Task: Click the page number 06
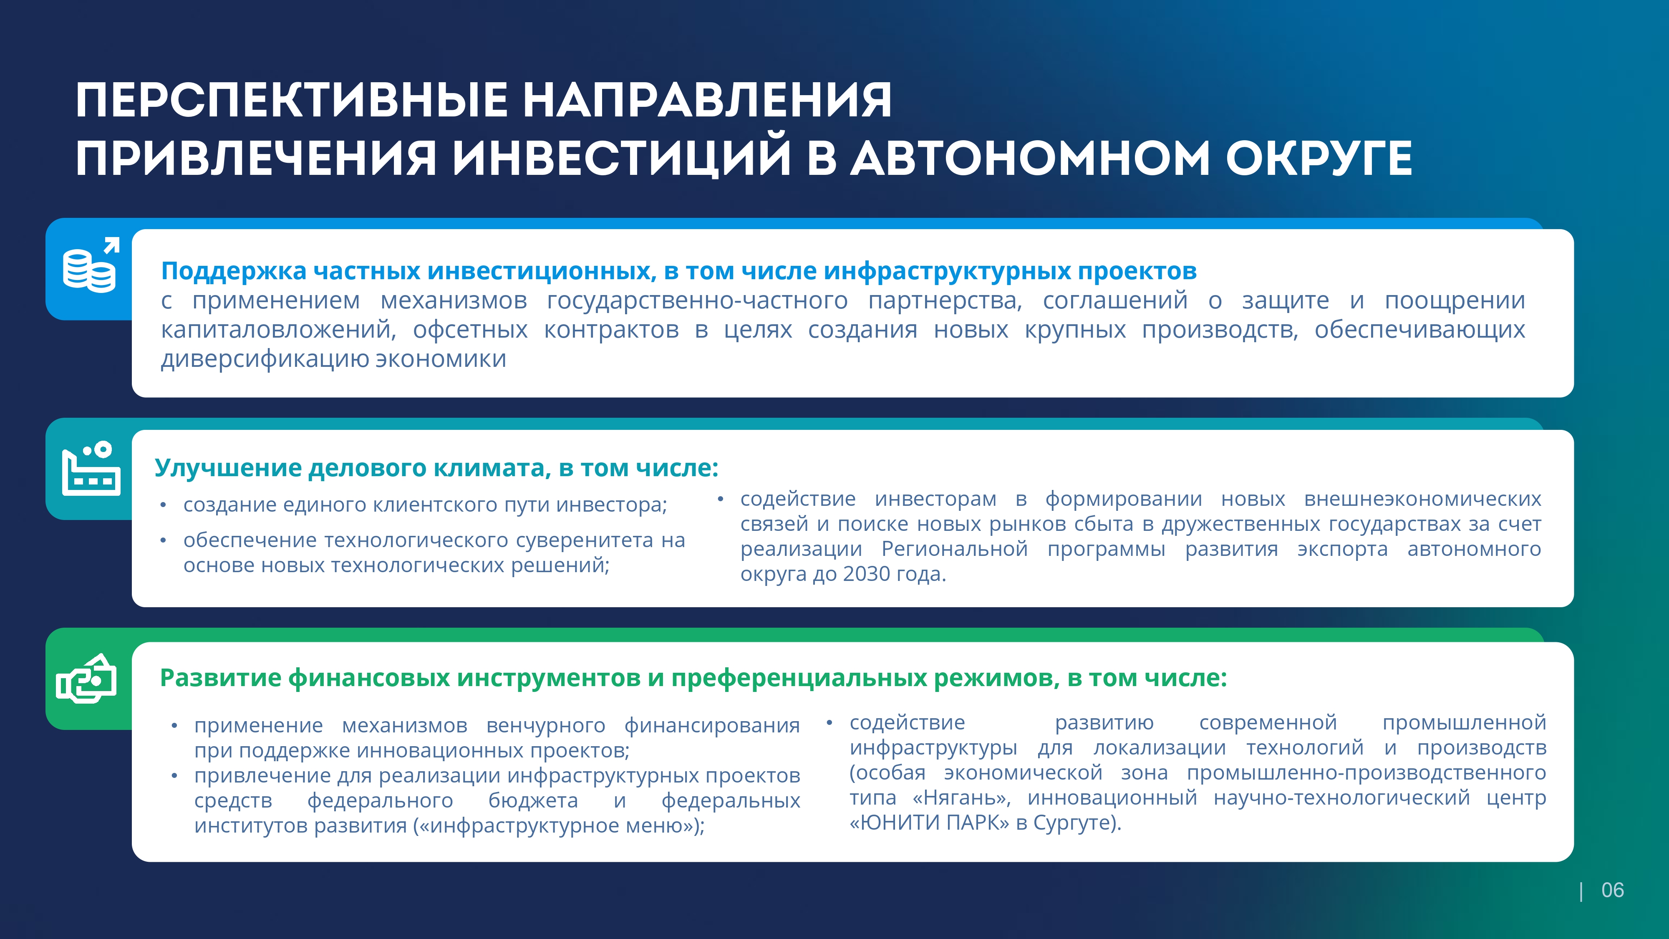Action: pos(1612,891)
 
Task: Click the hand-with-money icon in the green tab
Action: pos(86,679)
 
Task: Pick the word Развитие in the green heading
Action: pos(220,678)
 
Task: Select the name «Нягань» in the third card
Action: pos(961,798)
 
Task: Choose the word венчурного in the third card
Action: pos(545,726)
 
